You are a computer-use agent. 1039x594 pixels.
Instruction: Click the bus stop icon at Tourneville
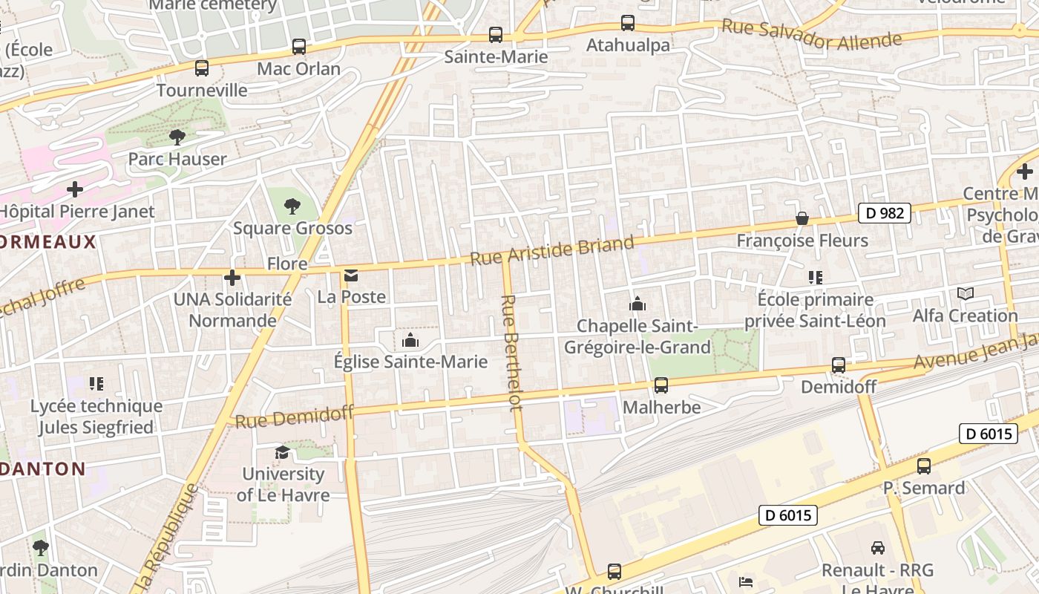click(x=202, y=68)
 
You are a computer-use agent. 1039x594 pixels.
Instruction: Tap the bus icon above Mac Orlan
click(x=299, y=47)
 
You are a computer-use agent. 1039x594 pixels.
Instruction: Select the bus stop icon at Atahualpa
click(x=628, y=23)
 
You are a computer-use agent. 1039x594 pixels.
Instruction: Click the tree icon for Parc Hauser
click(x=177, y=137)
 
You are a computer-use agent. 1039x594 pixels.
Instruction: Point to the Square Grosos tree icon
click(x=292, y=206)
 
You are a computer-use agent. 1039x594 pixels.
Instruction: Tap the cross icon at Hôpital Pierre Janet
click(x=74, y=189)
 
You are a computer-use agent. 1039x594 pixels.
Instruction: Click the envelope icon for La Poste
click(x=351, y=276)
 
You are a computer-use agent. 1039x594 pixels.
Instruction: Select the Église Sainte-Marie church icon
click(x=410, y=340)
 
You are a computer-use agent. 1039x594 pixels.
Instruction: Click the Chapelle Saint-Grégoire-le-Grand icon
click(x=637, y=304)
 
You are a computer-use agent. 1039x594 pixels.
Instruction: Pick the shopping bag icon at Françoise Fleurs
click(x=802, y=218)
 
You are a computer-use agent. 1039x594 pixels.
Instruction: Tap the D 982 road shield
click(x=885, y=213)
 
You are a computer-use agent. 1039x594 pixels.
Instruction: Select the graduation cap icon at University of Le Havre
click(x=283, y=452)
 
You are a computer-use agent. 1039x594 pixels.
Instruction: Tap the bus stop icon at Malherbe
click(x=661, y=385)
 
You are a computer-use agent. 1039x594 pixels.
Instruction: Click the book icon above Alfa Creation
click(x=965, y=294)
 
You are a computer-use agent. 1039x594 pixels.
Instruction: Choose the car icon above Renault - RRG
click(x=878, y=548)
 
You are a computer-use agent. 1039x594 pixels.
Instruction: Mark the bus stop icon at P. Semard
click(x=924, y=466)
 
